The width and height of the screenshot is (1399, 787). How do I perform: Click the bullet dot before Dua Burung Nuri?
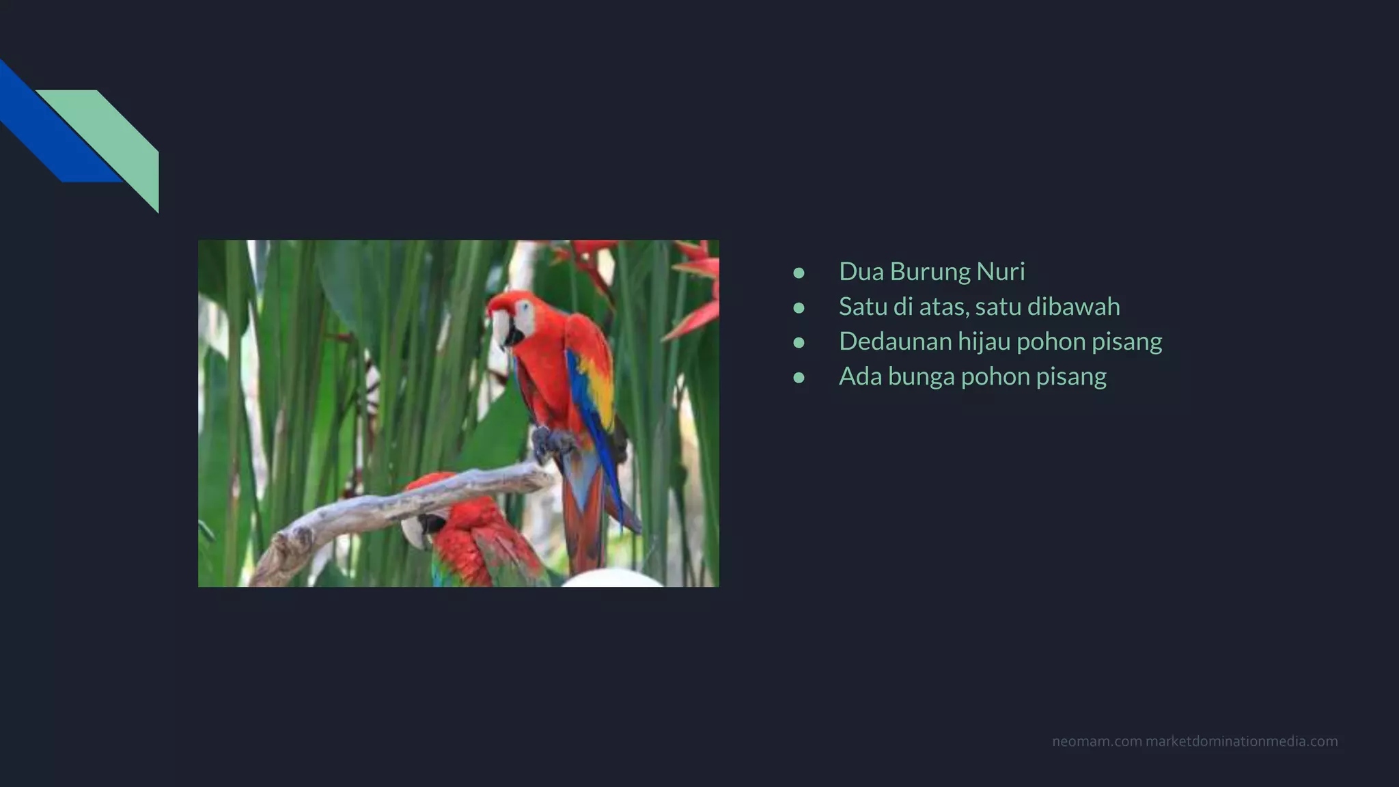[799, 273]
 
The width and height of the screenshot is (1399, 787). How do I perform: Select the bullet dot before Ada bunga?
[799, 377]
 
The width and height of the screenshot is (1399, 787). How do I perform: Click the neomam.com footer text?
[1096, 741]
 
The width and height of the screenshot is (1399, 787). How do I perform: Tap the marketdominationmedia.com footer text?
[1241, 741]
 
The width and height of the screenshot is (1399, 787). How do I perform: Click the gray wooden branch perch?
[383, 509]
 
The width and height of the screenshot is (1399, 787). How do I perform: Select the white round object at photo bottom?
[611, 579]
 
